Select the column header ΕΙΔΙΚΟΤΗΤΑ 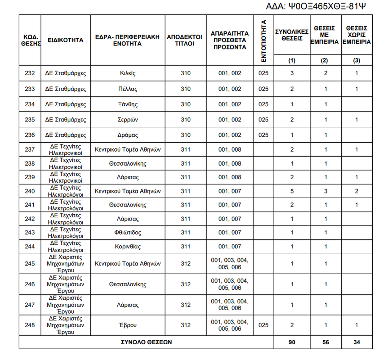coord(65,40)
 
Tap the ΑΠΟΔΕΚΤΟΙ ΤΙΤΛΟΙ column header coord(185,40)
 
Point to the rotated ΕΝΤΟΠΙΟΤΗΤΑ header coord(264,40)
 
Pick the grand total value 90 coord(292,342)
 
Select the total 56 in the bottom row coord(326,342)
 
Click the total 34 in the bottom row coord(357,342)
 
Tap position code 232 coord(30,73)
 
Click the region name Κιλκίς coord(128,73)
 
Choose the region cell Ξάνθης coord(128,104)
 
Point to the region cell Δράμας coord(128,135)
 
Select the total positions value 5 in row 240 coord(292,191)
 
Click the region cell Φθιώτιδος coord(128,233)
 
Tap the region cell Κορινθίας coord(128,247)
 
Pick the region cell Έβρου coord(128,325)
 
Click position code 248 coord(30,325)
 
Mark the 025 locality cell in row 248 coord(263,325)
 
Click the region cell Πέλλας coord(128,89)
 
